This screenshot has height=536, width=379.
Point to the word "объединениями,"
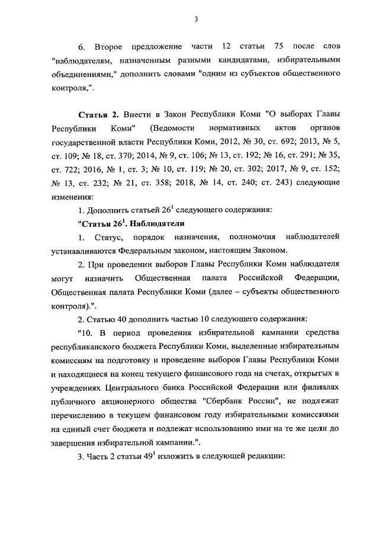click(83, 75)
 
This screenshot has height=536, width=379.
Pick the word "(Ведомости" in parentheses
click(172, 127)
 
